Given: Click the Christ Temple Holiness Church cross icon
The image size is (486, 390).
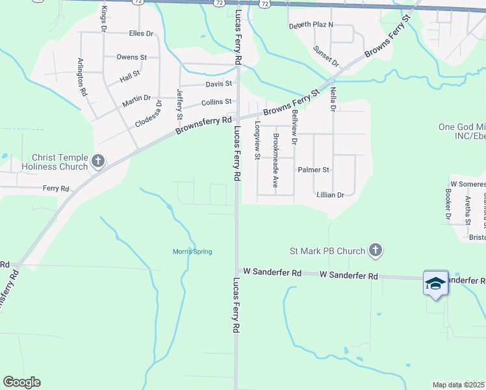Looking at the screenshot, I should point(98,161).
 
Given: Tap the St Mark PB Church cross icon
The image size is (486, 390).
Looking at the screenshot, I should point(375,250).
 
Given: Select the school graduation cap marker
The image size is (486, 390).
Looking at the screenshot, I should point(435,283).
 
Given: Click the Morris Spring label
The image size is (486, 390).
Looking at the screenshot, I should point(192,252).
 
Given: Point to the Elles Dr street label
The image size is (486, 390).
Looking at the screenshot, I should point(141,33).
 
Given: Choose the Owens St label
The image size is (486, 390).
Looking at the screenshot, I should point(131,57).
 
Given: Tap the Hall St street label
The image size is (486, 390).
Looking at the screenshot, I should point(130,77).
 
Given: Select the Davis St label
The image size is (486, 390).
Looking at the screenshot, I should point(219,84).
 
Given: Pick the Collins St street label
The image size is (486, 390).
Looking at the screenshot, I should point(216,102).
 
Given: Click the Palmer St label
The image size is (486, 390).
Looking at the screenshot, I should point(314,170).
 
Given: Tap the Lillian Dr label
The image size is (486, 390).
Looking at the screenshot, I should point(331,195).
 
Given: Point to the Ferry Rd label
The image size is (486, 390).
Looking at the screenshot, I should point(56,188).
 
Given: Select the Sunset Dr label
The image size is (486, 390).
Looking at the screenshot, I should point(326,57).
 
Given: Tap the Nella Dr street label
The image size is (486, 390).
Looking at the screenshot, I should point(333,99).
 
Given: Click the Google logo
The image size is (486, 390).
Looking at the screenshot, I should point(21,382).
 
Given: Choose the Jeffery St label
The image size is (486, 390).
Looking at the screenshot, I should point(180,105).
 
